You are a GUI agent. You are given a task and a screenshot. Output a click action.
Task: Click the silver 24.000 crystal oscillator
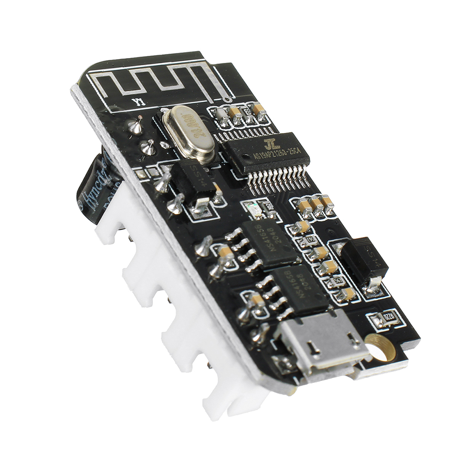coord(188,133)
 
